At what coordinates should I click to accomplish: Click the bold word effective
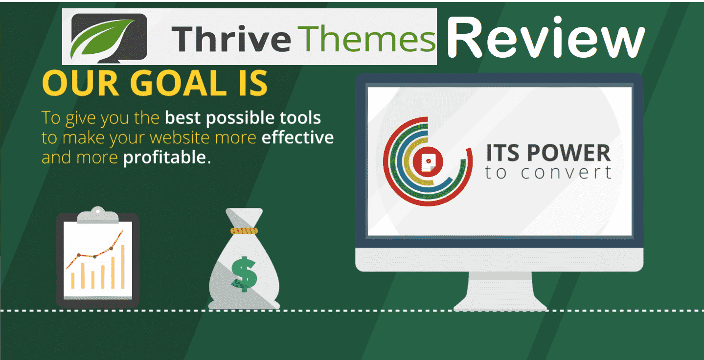(x=297, y=137)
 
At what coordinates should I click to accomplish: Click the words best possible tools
(x=243, y=118)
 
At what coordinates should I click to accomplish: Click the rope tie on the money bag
(x=244, y=230)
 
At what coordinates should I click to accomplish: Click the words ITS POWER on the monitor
(x=548, y=153)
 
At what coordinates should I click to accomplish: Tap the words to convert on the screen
(x=548, y=173)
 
